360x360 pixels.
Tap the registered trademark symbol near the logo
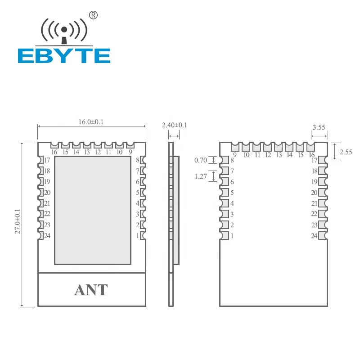tap(94, 16)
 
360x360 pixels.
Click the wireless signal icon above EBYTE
tap(64, 31)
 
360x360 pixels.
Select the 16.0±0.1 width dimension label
tap(92, 122)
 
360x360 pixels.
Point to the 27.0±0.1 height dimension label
tap(18, 224)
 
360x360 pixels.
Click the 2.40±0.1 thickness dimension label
tap(174, 125)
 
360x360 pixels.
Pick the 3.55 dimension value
tap(319, 127)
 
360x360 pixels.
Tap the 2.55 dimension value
tap(346, 152)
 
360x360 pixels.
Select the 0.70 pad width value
tap(201, 160)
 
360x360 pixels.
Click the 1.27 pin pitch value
tap(201, 177)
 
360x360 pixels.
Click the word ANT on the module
tap(91, 290)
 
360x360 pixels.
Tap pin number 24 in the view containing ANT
tap(47, 235)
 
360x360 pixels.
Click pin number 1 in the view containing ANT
tap(137, 235)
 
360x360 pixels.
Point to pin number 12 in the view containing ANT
tap(98, 152)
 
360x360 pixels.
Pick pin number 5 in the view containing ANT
tap(137, 193)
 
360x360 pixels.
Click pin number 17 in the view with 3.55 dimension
tap(314, 160)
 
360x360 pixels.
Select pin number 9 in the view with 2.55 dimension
tap(235, 154)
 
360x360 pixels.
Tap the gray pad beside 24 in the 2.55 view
tap(322, 235)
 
